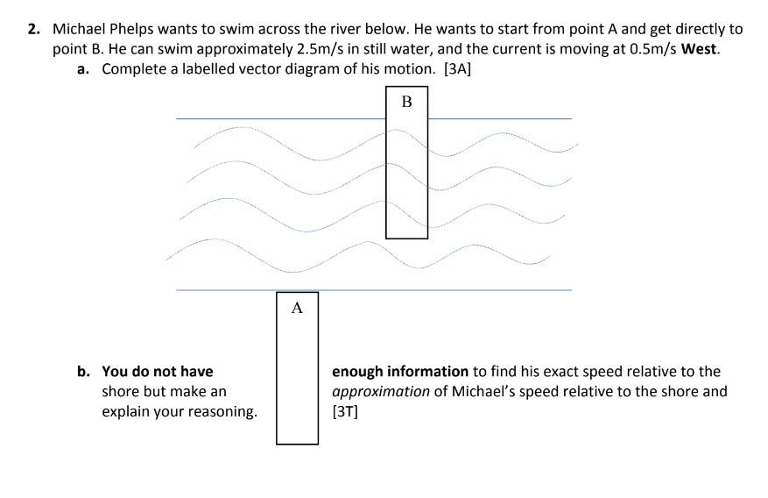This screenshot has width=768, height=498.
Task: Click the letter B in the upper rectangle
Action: [x=406, y=102]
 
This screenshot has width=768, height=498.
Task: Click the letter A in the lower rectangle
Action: [x=297, y=308]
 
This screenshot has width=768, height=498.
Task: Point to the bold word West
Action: [x=698, y=49]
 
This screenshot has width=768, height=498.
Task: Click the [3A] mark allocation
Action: [x=458, y=69]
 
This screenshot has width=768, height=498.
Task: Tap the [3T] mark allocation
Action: [x=345, y=410]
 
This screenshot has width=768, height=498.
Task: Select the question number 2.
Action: [x=32, y=29]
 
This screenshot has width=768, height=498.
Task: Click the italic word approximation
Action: [x=380, y=391]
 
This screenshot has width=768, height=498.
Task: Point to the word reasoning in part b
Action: [x=222, y=410]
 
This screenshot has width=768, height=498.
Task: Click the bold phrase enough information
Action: [x=400, y=372]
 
